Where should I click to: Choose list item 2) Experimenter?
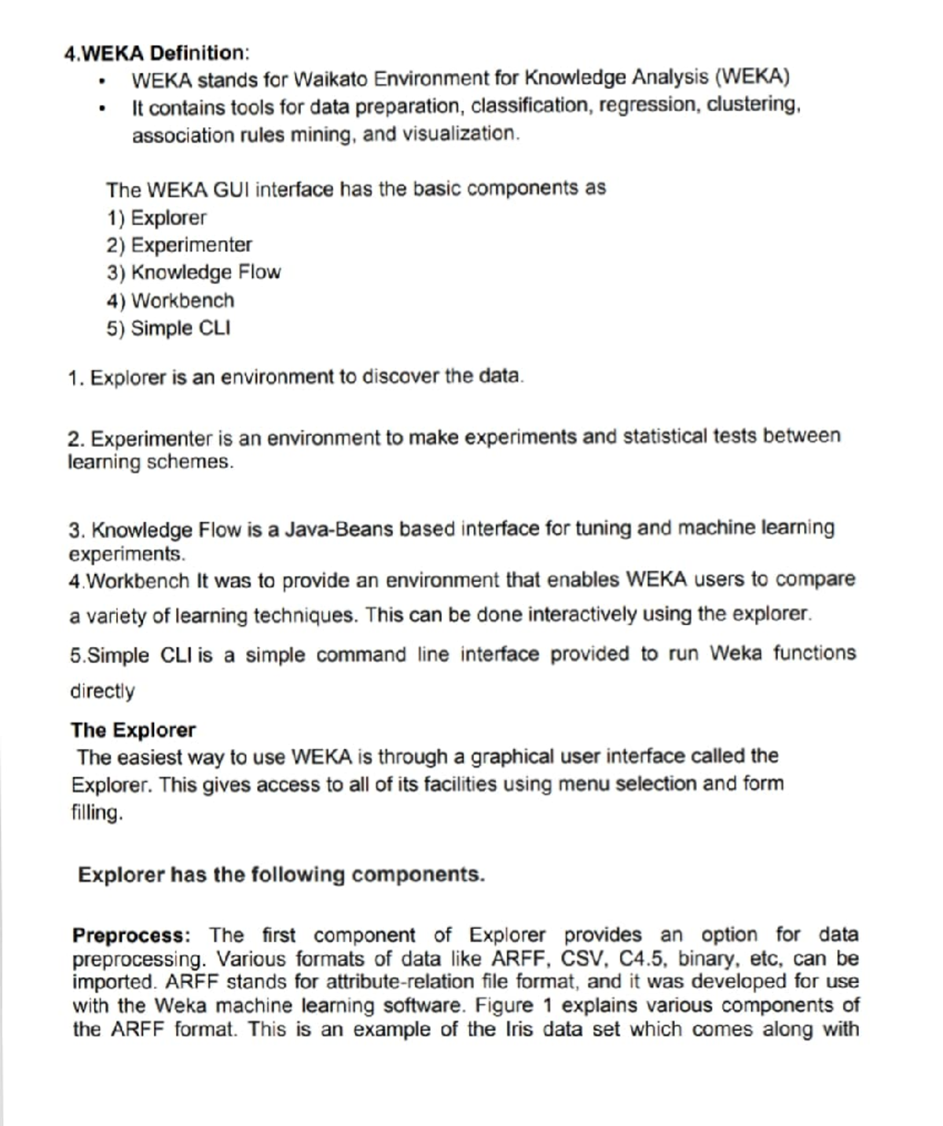tap(179, 245)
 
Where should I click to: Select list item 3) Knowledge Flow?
tap(193, 272)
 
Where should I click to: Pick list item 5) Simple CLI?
tap(168, 328)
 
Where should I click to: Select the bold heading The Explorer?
tap(133, 730)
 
